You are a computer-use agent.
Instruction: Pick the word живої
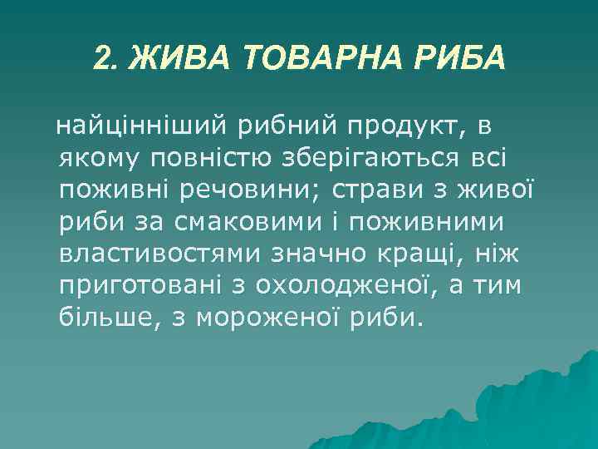click(502, 190)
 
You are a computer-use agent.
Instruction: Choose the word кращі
click(436, 253)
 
